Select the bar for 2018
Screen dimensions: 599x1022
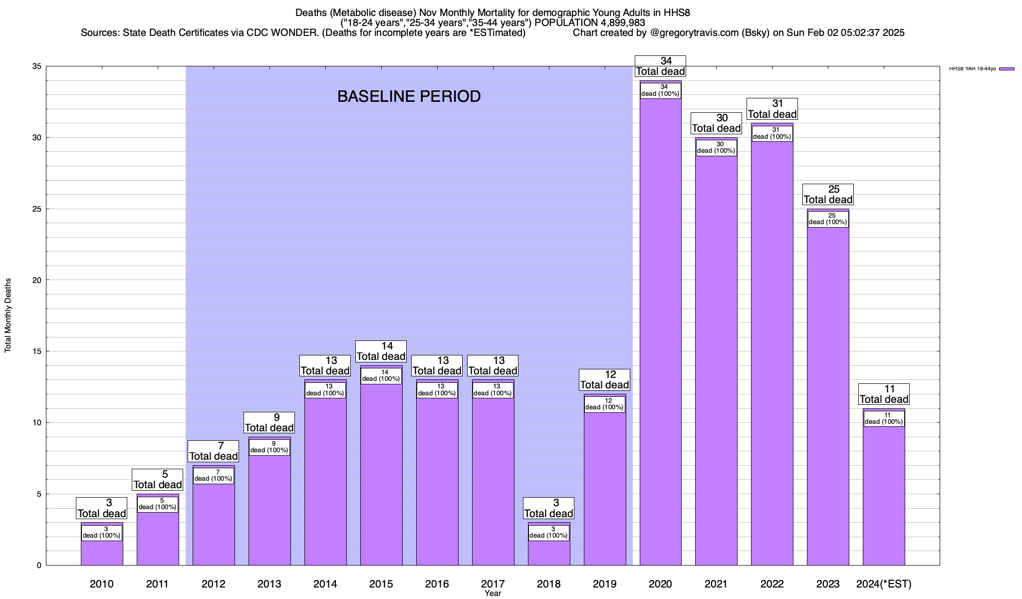(548, 552)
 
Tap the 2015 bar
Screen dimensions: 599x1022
(381, 474)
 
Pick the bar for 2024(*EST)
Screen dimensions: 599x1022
(884, 494)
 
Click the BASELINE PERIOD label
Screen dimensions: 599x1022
(409, 96)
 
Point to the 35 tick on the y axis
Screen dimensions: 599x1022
(37, 66)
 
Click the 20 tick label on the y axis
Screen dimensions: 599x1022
(37, 280)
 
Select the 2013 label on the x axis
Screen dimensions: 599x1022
(269, 584)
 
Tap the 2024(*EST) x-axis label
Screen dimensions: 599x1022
(884, 584)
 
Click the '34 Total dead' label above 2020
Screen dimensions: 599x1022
(660, 66)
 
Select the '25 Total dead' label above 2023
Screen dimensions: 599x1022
(828, 195)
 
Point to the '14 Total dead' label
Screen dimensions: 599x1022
(381, 351)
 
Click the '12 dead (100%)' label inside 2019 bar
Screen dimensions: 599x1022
(604, 404)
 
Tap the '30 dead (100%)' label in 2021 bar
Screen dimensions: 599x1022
(716, 148)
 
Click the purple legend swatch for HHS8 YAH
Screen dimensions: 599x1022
(1007, 69)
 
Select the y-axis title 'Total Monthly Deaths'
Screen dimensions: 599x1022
(8, 315)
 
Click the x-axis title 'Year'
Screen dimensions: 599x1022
(493, 594)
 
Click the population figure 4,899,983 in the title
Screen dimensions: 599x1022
(615, 23)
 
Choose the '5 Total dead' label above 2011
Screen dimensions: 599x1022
(158, 480)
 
